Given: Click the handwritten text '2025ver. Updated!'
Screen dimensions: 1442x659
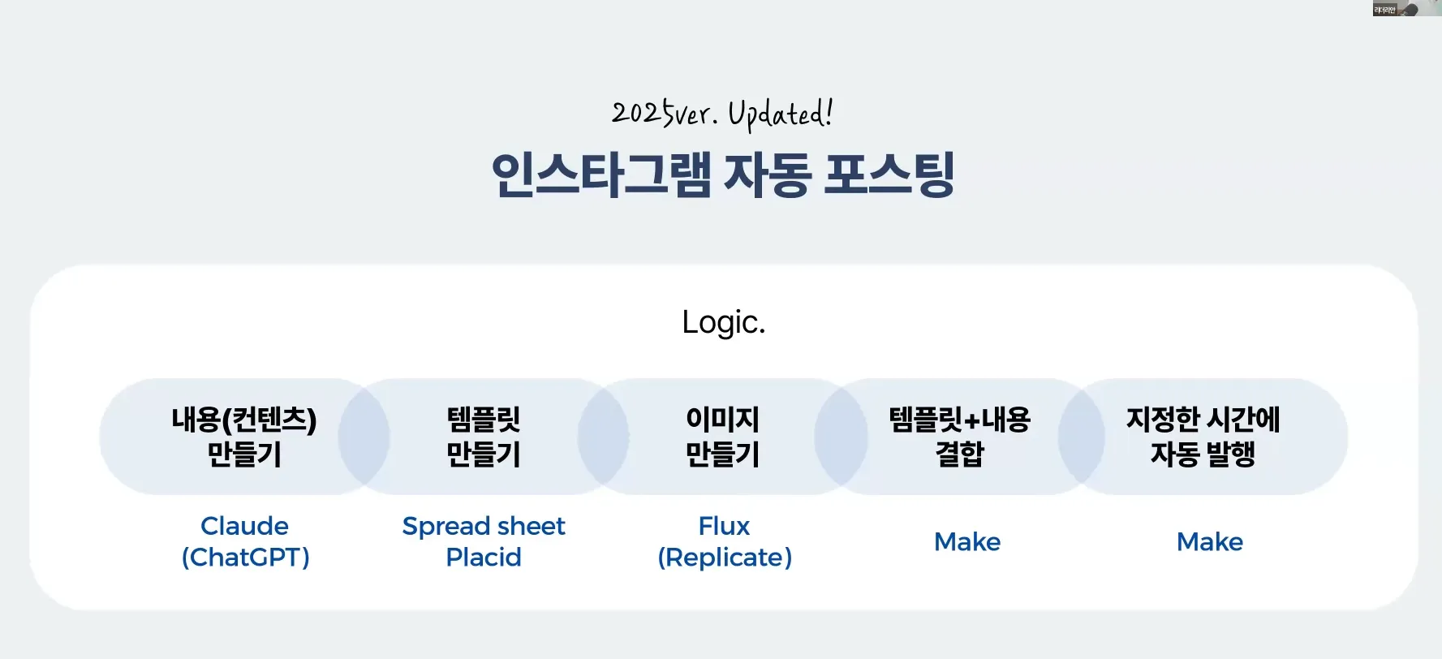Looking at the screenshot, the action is point(722,114).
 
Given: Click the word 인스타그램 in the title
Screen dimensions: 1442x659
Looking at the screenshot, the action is point(601,174).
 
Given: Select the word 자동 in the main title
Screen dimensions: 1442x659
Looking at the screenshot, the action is point(767,174).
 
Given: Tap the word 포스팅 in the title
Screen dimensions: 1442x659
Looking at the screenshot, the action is point(889,174).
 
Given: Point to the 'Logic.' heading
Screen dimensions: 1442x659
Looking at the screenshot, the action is point(723,322).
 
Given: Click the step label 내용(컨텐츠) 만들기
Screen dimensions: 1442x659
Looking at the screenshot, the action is point(244,437).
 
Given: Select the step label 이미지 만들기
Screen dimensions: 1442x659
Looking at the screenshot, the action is point(723,437).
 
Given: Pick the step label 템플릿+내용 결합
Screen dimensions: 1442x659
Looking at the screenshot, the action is point(960,437).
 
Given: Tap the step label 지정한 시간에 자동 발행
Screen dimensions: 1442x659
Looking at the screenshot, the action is point(1203,437).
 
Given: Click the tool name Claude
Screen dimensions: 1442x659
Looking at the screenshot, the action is point(244,526).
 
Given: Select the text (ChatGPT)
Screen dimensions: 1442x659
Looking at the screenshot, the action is point(245,558).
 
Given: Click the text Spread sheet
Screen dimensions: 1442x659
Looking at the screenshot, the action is point(484,527).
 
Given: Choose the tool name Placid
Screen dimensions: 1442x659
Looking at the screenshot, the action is point(484,558).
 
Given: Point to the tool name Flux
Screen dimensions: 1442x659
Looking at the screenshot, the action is point(724,526).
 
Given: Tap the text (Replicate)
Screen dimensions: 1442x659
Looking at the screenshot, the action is point(725,558).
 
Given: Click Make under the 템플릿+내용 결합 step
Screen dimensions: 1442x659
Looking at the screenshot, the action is point(967,541).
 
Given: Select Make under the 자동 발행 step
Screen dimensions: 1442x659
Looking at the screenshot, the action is point(1210,541).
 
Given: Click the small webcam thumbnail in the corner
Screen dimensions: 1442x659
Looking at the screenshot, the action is point(1406,8).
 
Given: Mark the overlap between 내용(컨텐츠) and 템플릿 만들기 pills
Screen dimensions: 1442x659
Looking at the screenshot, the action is point(364,437).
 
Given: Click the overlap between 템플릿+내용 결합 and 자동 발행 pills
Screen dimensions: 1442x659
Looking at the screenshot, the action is point(1081,437).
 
